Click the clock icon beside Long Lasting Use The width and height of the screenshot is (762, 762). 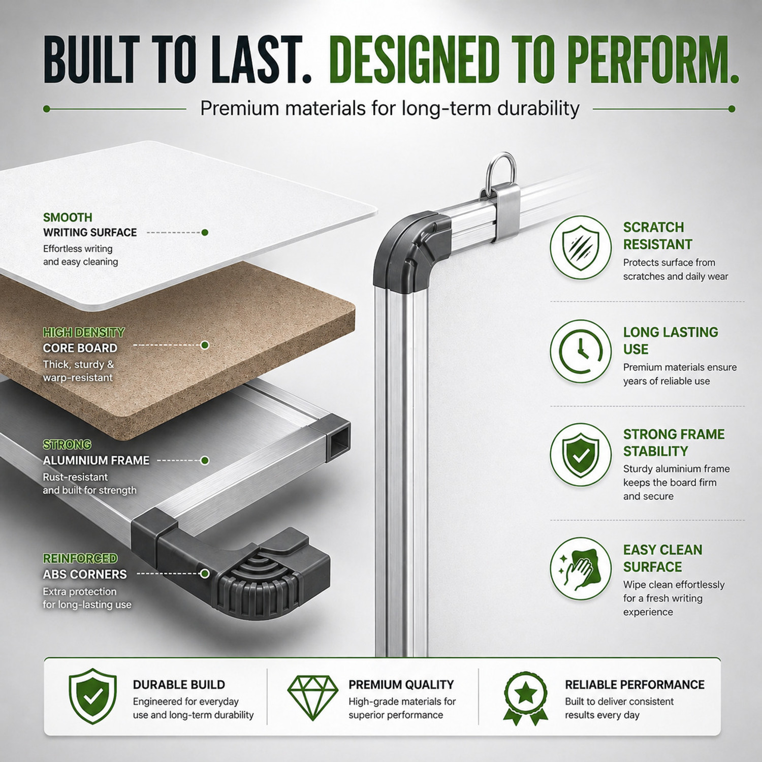(581, 351)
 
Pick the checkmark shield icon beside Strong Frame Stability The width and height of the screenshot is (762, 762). (581, 455)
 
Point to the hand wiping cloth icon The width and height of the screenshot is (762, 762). (581, 568)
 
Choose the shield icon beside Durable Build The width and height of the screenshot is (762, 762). (93, 696)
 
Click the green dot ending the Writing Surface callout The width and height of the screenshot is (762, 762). (205, 233)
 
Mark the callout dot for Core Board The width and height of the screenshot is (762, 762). (205, 345)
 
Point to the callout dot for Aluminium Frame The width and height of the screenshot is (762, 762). (205, 461)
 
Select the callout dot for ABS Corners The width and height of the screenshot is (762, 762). (205, 574)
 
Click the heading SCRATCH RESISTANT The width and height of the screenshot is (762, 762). (658, 236)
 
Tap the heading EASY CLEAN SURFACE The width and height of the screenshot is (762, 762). (663, 558)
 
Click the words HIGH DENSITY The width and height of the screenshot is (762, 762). (84, 333)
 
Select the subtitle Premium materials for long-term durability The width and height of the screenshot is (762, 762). (390, 109)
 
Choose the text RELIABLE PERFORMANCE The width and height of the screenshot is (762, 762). (634, 685)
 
